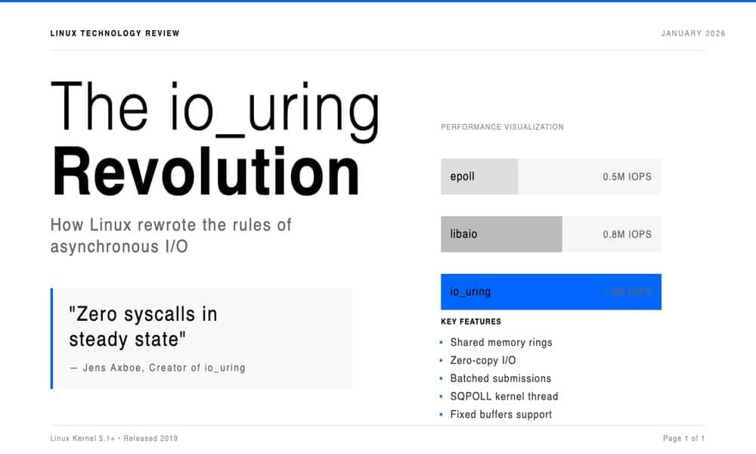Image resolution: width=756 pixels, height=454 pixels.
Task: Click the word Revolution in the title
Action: coord(206,173)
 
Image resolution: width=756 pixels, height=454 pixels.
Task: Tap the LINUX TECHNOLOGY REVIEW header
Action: coord(115,33)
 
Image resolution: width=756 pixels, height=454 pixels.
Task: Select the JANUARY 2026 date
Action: coord(692,33)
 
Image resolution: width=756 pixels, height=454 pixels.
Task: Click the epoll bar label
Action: coord(462,176)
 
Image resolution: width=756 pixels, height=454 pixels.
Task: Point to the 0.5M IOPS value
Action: coord(627,176)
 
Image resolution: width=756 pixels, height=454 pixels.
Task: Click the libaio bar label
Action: coord(463,234)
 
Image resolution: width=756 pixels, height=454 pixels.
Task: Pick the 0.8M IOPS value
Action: coord(627,234)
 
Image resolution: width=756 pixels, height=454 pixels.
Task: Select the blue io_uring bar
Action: coord(550,291)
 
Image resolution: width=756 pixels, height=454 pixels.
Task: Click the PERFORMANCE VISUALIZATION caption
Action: coord(502,127)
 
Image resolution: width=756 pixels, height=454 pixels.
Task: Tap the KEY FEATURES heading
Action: coord(470,322)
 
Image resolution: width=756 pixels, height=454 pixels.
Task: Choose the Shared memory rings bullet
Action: coord(500,342)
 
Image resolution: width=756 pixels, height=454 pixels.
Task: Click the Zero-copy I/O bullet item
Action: coord(482,360)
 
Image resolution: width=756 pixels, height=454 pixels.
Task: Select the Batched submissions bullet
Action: coord(500,378)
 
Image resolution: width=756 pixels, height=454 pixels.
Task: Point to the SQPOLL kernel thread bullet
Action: coord(503,396)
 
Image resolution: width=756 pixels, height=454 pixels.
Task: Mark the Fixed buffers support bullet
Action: coord(500,414)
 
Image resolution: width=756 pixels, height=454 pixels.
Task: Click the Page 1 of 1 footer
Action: coord(683,438)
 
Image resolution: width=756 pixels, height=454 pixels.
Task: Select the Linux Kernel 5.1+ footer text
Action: coord(84,438)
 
